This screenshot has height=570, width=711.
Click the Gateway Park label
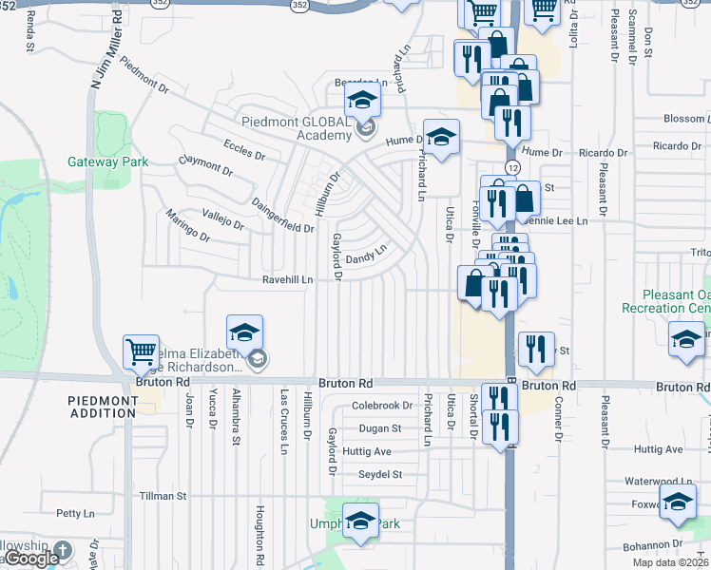point(107,161)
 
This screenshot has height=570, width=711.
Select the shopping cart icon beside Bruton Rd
point(142,353)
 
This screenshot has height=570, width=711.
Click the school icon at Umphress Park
point(360,524)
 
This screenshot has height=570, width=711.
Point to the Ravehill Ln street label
point(288,280)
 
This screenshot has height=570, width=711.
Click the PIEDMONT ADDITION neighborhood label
point(103,407)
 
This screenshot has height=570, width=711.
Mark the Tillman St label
point(162,496)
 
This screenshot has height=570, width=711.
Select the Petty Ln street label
point(71,513)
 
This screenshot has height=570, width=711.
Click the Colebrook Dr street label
point(381,405)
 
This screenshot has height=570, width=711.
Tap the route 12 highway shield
point(512,167)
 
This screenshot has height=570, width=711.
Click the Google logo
point(30,559)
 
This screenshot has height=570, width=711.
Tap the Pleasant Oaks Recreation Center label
point(664,301)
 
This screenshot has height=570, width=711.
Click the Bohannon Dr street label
point(656,546)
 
